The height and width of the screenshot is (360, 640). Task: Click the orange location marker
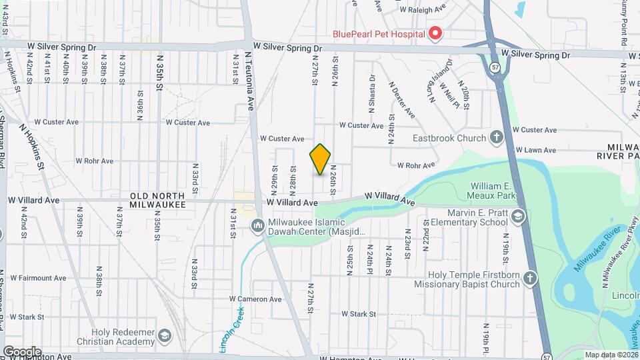(321, 159)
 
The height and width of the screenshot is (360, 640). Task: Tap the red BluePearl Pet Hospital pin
(435, 33)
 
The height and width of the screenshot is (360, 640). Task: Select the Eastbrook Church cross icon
(496, 138)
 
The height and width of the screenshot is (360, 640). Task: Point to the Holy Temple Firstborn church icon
(530, 279)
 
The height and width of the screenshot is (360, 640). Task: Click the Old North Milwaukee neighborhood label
(157, 199)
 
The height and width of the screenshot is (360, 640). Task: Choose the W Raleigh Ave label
(423, 10)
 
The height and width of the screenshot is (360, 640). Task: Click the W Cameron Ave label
(255, 299)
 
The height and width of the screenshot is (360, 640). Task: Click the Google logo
(22, 351)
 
